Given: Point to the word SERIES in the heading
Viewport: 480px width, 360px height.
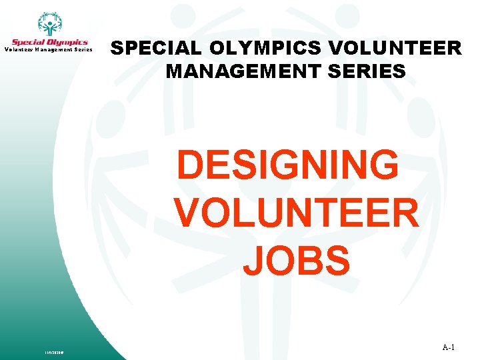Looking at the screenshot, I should click(367, 70).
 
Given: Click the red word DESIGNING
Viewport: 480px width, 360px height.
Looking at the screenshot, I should click(288, 165).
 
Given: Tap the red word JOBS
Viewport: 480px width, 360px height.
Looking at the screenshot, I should click(296, 260).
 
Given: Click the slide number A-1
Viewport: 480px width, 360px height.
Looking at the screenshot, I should click(448, 347).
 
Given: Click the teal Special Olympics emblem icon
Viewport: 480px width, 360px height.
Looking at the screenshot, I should click(49, 25).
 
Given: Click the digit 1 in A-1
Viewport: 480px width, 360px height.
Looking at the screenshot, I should click(452, 347).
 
